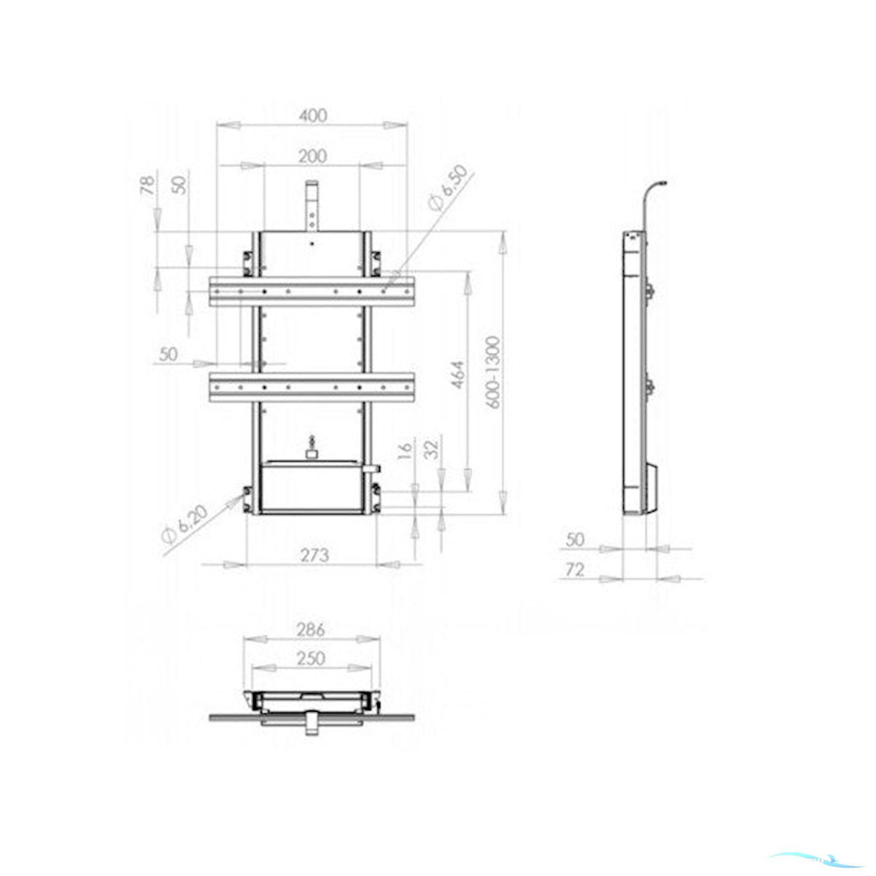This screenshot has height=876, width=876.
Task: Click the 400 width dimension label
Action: coord(312,116)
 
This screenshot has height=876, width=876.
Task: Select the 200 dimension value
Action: coord(312,156)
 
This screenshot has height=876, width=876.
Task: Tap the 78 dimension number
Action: coord(148,185)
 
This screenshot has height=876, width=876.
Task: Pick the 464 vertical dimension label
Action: coord(459,375)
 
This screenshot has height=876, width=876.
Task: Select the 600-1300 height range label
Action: coord(492,372)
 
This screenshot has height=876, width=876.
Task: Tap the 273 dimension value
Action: coord(314,555)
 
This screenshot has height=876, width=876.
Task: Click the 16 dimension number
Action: coord(405,450)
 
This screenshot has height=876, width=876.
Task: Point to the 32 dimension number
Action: coord(432,449)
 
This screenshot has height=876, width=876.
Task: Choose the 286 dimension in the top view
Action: coord(311,630)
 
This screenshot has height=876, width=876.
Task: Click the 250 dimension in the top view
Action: coord(311,658)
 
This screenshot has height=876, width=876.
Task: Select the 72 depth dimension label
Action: coord(575,571)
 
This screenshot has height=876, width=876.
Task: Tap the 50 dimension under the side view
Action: coord(575,540)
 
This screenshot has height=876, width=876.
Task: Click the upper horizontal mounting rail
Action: coord(312,291)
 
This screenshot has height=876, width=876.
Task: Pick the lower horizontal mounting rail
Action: coord(312,387)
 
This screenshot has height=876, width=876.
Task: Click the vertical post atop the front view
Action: coord(312,205)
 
